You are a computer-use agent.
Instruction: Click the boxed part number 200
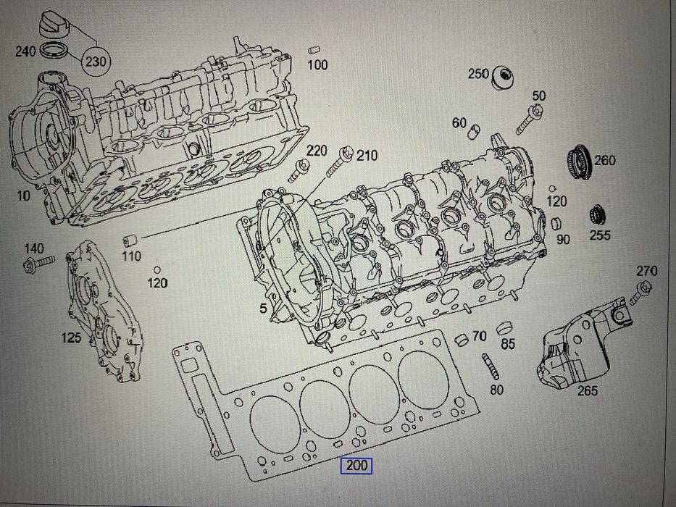click(356, 465)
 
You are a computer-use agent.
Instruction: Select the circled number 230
click(96, 62)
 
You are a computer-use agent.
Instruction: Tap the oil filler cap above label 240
click(54, 25)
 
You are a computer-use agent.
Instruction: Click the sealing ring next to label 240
click(53, 50)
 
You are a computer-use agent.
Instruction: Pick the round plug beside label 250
click(504, 78)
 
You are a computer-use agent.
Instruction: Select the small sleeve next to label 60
click(474, 131)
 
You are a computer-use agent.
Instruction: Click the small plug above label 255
click(598, 216)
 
